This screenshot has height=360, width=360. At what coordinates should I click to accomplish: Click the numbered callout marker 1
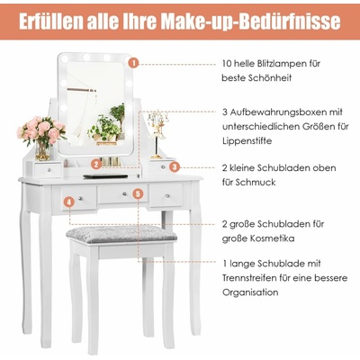pos(133,64)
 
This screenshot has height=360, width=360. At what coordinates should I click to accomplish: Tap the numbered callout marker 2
pos(96,164)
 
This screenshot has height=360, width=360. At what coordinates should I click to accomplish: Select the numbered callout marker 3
pos(175,166)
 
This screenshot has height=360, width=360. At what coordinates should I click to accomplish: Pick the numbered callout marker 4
pos(69,202)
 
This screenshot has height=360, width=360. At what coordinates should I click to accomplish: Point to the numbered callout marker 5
pos(138,193)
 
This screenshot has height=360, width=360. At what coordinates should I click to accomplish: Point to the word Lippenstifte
pos(247,140)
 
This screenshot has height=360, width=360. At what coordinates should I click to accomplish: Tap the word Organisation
pos(250,292)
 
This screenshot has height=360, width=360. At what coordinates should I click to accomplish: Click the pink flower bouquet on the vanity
pos(40,130)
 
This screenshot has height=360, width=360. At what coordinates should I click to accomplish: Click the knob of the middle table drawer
pos(123,194)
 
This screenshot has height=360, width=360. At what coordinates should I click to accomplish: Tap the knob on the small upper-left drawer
pos(49,170)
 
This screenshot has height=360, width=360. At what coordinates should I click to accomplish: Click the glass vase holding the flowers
pos(43,151)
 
